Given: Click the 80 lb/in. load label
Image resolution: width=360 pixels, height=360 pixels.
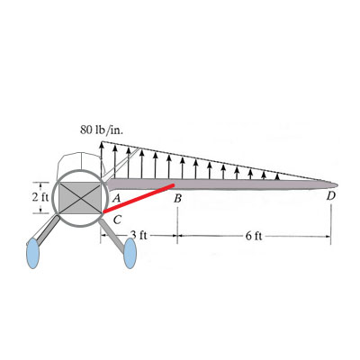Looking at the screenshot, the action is coord(102,130).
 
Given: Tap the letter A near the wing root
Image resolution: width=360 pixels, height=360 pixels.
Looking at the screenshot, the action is coord(116,198).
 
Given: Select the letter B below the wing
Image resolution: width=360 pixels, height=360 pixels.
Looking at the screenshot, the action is coord(178,199).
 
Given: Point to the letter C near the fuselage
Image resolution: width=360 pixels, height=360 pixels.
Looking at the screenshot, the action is coord(117,220).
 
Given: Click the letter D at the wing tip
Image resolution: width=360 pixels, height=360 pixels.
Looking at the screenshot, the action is coord(330,196).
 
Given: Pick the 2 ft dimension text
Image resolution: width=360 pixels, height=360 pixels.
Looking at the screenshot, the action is coord(40,197).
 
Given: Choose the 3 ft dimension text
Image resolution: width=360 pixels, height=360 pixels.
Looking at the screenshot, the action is coord(139,235).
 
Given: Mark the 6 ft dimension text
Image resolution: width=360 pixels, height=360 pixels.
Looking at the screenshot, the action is coord(254,236).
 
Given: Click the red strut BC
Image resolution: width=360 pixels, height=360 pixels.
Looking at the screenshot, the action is coord(139,199).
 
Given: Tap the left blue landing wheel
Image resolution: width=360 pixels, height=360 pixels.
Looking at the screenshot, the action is coord(32,253).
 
